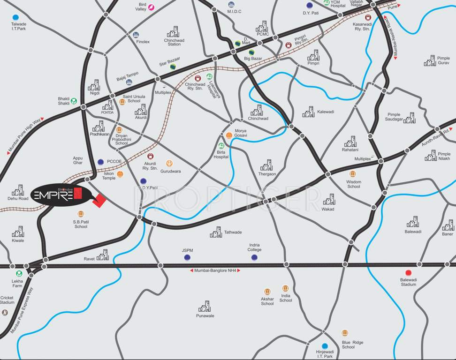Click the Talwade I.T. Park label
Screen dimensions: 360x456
pos(19,26)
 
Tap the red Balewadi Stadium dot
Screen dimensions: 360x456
pos(408,272)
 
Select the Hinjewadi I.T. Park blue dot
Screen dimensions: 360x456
pos(325,346)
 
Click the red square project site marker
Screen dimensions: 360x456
pos(99,200)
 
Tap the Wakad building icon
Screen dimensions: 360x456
pos(329,199)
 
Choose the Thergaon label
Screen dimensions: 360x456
pos(266,174)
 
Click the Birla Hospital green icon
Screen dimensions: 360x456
pos(221,146)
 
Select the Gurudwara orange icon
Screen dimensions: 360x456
pos(169,164)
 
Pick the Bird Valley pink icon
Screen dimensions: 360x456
pos(151,7)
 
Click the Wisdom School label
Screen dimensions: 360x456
pos(353,184)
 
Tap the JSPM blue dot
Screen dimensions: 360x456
pos(187,257)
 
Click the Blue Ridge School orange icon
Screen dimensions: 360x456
pos(345,333)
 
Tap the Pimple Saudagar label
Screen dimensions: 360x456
pos(394,117)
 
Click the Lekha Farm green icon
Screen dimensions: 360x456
pos(19,273)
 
